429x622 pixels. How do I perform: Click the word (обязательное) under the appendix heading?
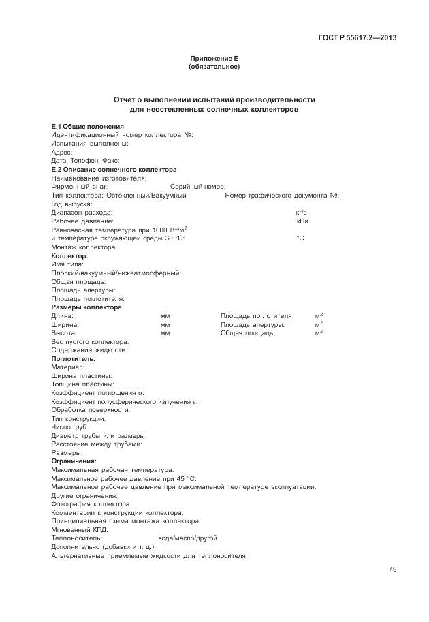214,67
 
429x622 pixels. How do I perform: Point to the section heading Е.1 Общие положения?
88,127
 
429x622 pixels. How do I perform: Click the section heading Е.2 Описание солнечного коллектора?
114,170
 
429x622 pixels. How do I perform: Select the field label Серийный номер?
197,187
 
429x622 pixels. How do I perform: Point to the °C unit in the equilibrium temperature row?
300,238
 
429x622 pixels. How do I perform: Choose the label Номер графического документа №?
282,196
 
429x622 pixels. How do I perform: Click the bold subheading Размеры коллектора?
86,307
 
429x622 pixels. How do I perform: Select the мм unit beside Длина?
165,316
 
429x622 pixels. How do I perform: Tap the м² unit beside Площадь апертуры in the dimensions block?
319,325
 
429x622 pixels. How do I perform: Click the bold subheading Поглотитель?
74,358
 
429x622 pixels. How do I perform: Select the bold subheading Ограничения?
74,461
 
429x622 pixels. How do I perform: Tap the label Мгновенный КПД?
80,529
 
